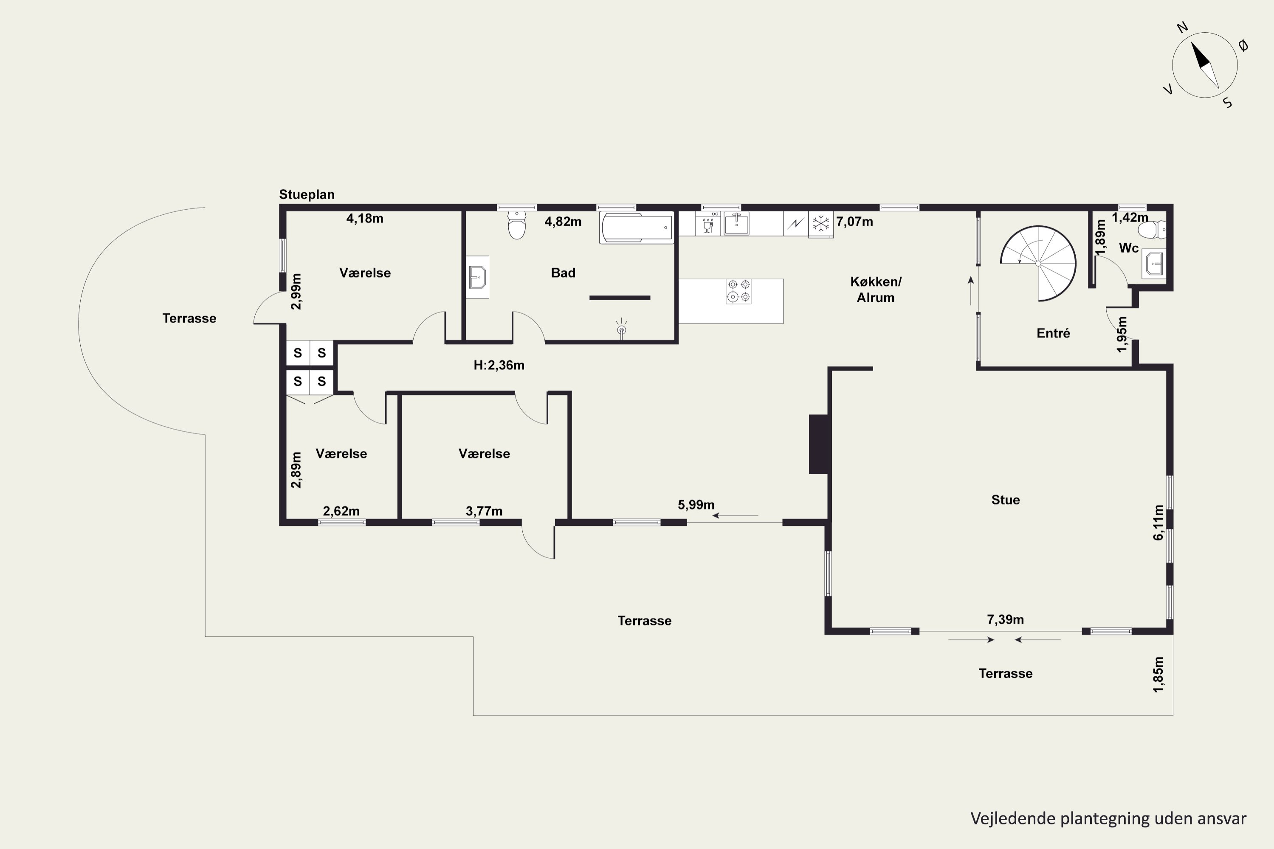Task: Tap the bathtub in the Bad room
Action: point(637,228)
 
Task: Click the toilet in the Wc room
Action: point(1153,230)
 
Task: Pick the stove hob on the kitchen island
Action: point(739,291)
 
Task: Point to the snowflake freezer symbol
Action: point(820,223)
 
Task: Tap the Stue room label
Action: point(1005,500)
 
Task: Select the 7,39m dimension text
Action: point(1005,619)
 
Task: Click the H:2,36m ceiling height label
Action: point(499,365)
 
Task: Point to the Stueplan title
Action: point(307,194)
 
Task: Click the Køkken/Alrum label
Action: point(875,289)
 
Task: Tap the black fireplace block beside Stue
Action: point(818,444)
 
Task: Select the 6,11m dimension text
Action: point(1158,523)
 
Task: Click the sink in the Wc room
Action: point(1154,265)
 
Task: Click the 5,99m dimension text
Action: point(696,505)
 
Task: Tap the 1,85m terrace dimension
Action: point(1158,674)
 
